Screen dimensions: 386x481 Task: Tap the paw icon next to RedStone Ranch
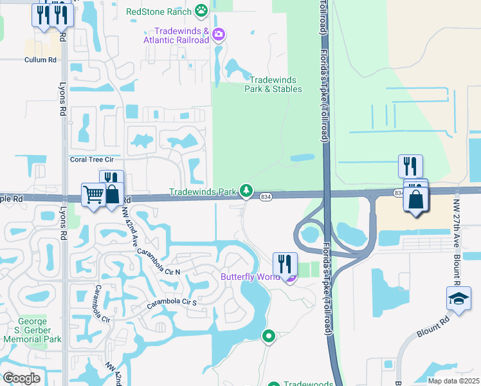coord(202,10)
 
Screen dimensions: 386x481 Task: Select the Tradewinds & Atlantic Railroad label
coord(182,35)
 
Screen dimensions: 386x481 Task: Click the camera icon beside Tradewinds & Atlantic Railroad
coord(219,34)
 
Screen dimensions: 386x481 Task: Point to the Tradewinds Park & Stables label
coord(273,84)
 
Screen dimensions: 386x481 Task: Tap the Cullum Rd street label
coord(41,60)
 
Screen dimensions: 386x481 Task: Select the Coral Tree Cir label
coord(91,159)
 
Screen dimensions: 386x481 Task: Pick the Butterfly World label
coord(251,277)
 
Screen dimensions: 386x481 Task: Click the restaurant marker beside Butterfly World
coord(285,264)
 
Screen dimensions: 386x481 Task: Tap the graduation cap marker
coord(458,299)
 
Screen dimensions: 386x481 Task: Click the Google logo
coord(21,378)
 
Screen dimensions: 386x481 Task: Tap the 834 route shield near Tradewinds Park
coord(265,196)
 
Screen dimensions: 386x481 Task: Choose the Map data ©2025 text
coord(454,381)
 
